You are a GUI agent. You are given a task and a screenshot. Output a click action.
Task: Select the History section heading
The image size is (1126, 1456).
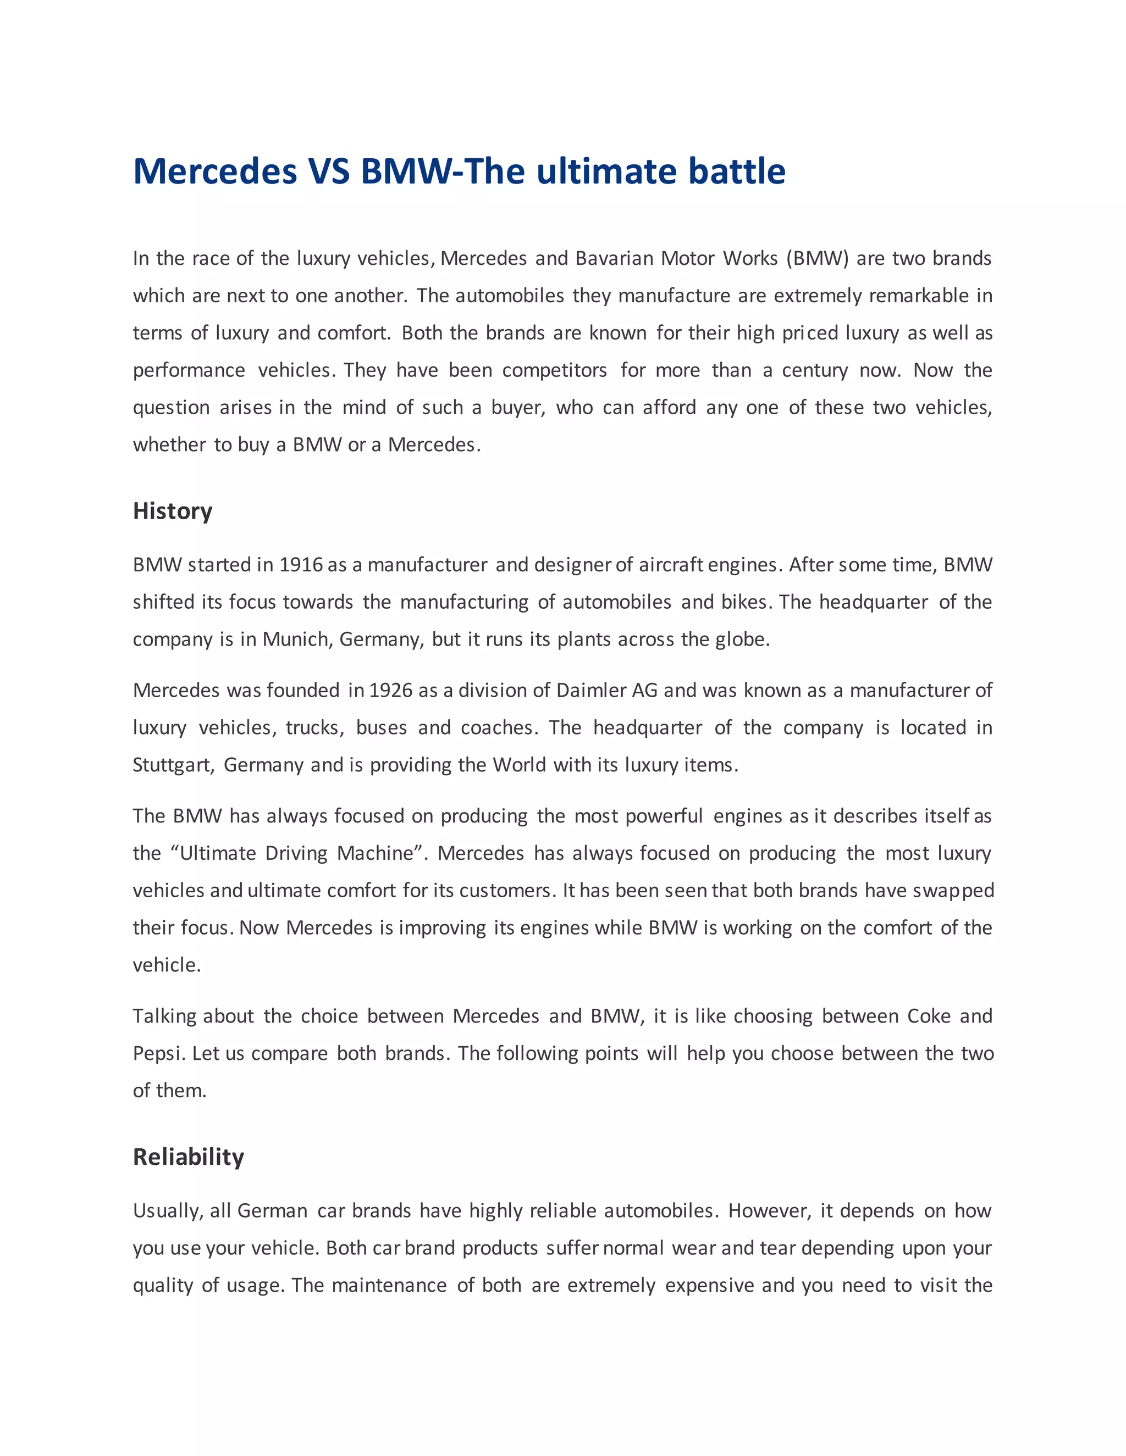click(x=173, y=512)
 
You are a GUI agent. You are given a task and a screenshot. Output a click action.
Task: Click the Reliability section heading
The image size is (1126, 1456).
click(x=188, y=1157)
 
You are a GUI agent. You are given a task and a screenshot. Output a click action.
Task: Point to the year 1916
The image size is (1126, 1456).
click(x=301, y=565)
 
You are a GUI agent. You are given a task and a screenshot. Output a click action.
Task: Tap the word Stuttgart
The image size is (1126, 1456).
click(x=173, y=765)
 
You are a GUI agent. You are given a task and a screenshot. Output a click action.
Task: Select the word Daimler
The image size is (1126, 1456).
click(x=592, y=690)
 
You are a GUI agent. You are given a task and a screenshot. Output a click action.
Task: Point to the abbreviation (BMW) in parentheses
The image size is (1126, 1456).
click(x=817, y=259)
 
